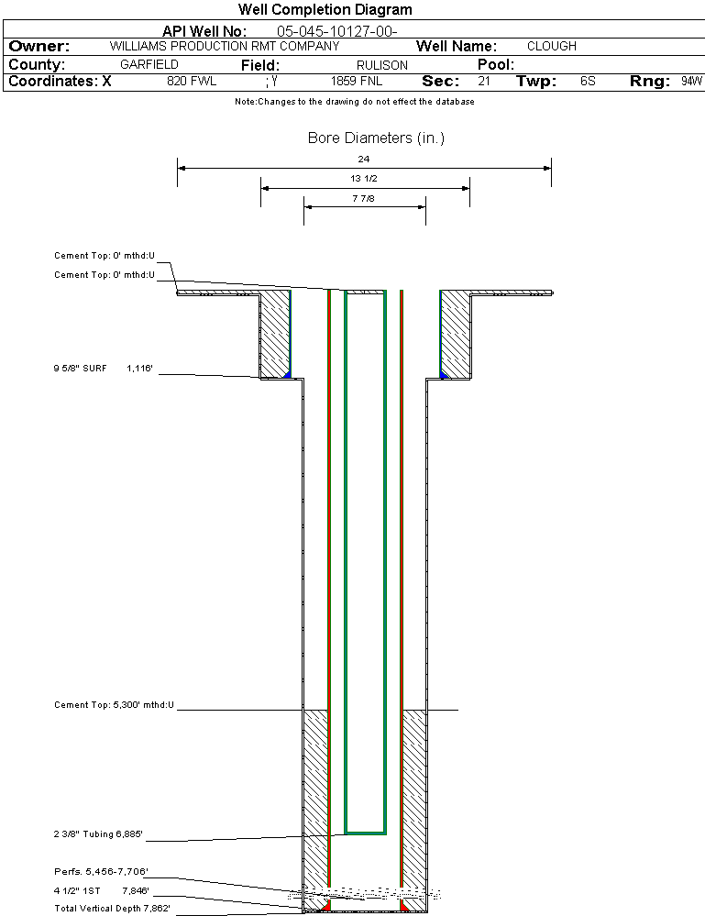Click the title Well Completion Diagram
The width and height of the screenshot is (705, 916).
tap(325, 10)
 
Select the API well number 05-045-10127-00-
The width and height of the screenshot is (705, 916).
tap(336, 31)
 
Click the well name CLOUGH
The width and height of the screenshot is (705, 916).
tap(552, 46)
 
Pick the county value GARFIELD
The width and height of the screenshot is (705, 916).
tap(149, 65)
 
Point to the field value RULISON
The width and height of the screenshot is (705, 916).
tap(382, 65)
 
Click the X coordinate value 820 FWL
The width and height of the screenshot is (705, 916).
tap(192, 82)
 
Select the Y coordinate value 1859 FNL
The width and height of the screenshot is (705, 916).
tap(357, 82)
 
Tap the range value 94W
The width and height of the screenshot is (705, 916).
tap(691, 82)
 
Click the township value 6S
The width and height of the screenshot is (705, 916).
tap(588, 82)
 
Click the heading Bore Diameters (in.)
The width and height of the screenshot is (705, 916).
tap(376, 138)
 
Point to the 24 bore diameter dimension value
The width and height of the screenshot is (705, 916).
tap(364, 159)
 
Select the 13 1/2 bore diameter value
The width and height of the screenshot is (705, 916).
tap(364, 178)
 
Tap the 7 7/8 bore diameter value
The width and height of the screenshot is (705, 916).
tap(364, 197)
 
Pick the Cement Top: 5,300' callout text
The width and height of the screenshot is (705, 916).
tap(114, 705)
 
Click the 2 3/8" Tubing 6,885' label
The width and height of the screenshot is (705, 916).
tap(98, 834)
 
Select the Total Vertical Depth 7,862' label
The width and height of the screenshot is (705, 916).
tap(112, 908)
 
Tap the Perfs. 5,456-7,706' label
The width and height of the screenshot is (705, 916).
tap(101, 871)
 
